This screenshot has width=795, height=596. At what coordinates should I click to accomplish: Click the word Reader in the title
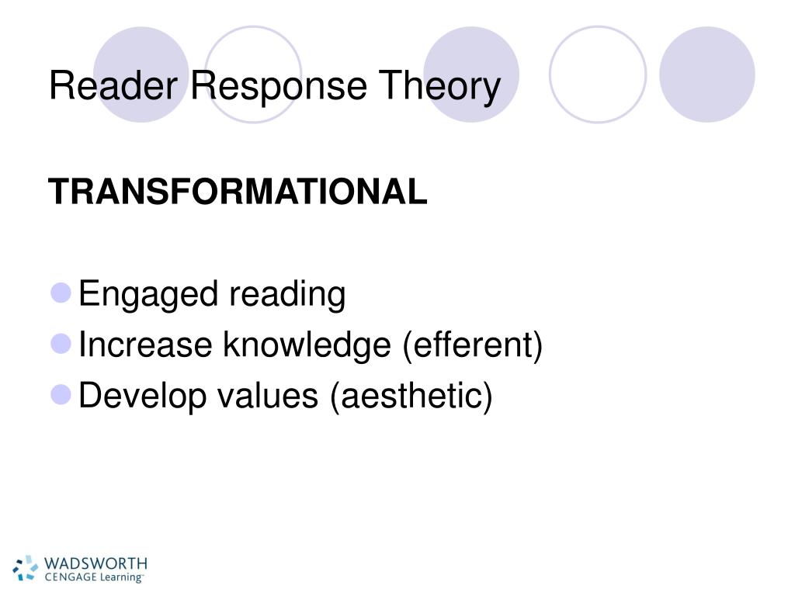tap(115, 86)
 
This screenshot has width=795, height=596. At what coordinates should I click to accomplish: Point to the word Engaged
tap(147, 296)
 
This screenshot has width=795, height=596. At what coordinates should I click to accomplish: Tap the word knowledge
tap(307, 345)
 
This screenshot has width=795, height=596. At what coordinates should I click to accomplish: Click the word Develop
tap(144, 396)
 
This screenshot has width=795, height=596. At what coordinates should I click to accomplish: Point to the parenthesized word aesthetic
tap(411, 397)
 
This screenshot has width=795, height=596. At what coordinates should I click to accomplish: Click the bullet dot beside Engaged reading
tap(61, 293)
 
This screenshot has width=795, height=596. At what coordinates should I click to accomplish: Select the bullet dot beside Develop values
tap(61, 394)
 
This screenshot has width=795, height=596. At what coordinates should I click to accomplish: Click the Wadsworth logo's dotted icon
tap(26, 567)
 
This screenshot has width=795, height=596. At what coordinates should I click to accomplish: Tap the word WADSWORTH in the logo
tap(95, 562)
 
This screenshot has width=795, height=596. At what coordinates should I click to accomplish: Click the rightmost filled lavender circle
tap(706, 74)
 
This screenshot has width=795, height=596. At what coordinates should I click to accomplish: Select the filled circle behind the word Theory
tap(471, 74)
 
